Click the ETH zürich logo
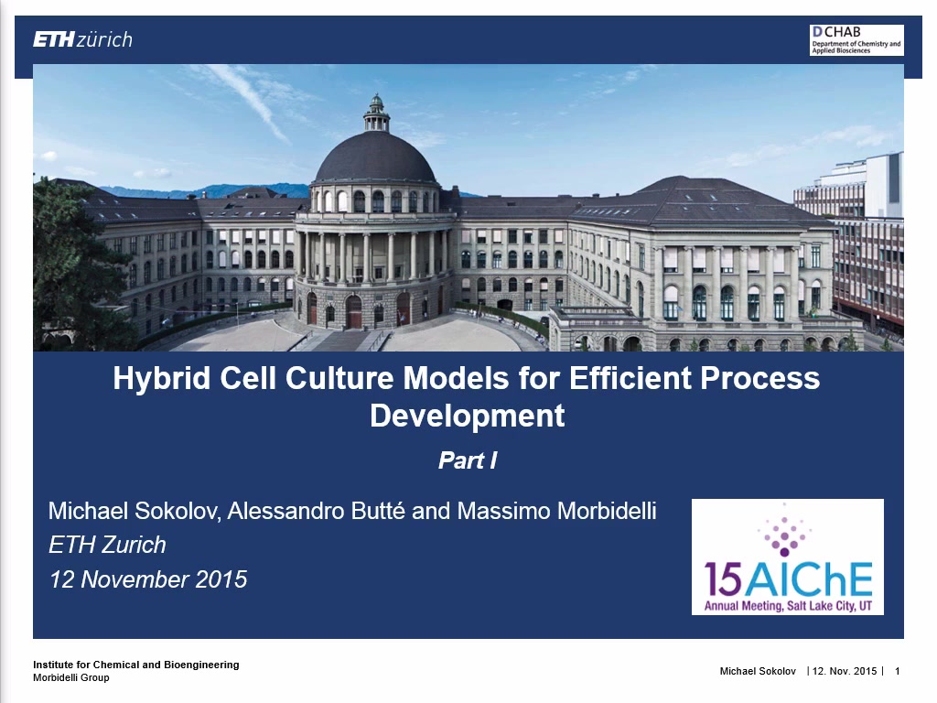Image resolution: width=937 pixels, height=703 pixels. click(82, 39)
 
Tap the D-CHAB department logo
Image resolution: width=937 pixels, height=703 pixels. click(856, 40)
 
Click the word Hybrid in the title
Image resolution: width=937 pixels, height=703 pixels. click(161, 379)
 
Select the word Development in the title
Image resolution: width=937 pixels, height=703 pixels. click(467, 416)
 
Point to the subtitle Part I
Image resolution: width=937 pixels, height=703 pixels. click(468, 460)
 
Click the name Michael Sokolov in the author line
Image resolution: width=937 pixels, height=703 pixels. click(135, 511)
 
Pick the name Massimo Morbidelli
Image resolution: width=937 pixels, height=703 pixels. click(557, 511)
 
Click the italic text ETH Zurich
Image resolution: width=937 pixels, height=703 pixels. click(108, 546)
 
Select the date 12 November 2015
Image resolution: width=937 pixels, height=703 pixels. click(148, 579)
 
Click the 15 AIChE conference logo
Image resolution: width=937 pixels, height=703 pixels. click(788, 557)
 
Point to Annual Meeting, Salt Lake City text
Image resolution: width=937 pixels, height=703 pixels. click(788, 606)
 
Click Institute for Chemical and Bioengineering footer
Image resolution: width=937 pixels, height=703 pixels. click(135, 665)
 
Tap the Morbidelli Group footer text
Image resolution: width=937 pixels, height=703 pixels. click(71, 678)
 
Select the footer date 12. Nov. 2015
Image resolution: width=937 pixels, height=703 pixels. click(845, 671)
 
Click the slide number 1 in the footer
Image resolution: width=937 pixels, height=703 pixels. click(897, 671)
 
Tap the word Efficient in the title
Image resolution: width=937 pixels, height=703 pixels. click(630, 379)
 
